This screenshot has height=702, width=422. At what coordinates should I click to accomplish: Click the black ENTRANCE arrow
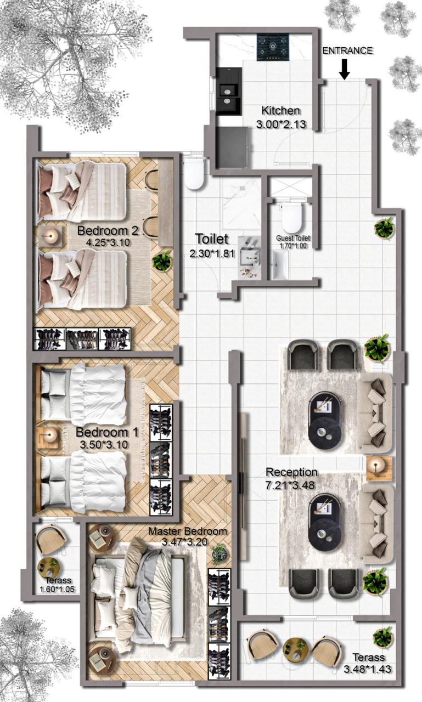pos(345,69)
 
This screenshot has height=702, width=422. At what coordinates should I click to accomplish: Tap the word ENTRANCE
pos(348,51)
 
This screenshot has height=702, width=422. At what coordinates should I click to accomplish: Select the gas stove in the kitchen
pos(273,47)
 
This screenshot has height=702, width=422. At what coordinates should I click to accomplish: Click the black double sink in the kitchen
pos(229,91)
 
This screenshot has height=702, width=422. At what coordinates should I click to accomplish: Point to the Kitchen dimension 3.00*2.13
pos(281,124)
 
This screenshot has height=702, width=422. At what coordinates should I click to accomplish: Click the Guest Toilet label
pos(293,238)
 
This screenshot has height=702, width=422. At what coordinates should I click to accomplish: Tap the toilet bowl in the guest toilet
pos(292,218)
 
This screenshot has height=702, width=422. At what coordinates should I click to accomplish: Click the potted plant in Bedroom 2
pos(162,261)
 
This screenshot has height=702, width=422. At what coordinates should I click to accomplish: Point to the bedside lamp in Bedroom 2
pos(51,236)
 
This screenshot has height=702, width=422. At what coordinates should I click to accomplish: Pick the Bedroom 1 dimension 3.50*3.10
pos(104,444)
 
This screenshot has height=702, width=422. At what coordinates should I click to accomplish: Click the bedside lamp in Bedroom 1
pos(49,435)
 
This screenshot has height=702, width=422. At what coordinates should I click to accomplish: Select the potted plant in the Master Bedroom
pos(218,553)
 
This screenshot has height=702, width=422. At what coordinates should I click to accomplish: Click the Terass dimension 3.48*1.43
pos(368,669)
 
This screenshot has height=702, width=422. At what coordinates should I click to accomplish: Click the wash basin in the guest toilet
pos(279,266)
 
